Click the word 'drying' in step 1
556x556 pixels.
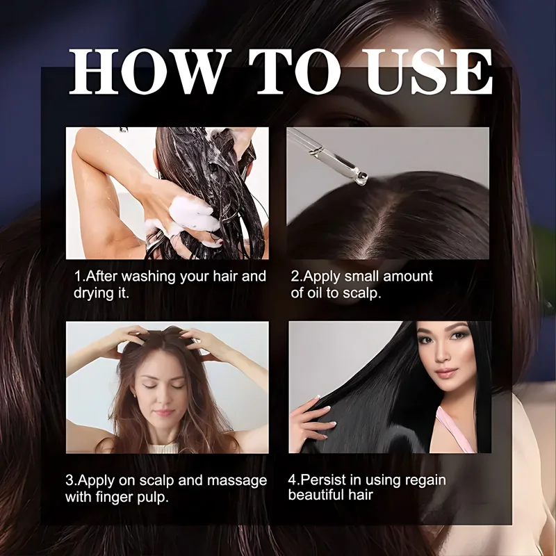coord(95,293)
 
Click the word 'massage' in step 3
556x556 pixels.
coord(240,480)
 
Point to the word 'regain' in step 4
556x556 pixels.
coord(423,480)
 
